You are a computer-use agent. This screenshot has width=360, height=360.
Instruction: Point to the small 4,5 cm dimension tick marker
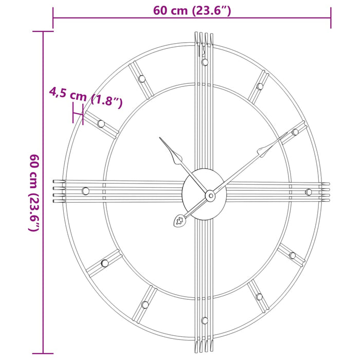[78, 113]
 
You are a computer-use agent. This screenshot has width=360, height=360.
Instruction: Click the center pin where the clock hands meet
[210, 195]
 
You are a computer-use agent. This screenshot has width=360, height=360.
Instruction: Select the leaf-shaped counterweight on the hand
[179, 221]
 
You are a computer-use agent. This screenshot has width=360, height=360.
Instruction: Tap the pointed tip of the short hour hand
[160, 138]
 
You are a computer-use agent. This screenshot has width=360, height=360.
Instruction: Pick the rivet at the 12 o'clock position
[205, 62]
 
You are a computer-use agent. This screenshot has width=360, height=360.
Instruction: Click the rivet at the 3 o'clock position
[309, 192]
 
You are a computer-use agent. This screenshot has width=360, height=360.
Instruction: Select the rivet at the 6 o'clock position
[205, 320]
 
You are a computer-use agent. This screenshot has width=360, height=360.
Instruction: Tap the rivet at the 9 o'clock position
[85, 191]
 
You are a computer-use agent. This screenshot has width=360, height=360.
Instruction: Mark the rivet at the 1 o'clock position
[260, 86]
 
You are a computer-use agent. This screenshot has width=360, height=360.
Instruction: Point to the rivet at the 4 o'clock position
[292, 255]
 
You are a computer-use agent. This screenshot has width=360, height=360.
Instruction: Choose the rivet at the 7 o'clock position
[145, 304]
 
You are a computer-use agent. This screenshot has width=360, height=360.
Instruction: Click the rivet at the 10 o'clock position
[101, 123]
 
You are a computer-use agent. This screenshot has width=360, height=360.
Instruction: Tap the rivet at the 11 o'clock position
[141, 79]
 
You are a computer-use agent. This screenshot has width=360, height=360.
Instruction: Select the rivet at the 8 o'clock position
[105, 263]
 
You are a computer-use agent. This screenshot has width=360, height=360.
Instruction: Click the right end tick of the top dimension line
[331, 18]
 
